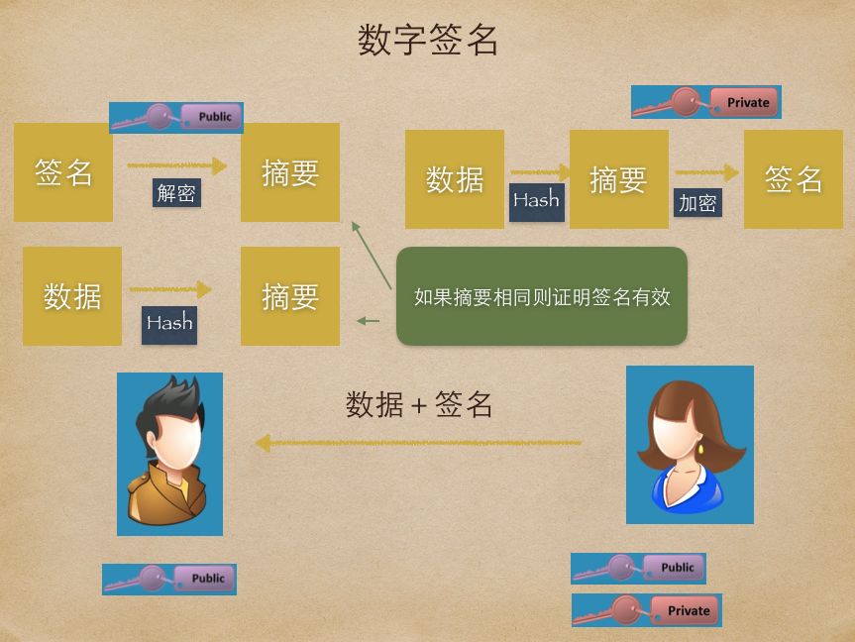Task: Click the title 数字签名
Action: point(427,42)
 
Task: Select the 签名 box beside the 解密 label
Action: point(63,171)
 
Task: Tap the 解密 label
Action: point(176,193)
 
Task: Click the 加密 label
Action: point(697,203)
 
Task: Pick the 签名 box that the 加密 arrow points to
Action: point(793,179)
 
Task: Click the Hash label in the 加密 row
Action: point(536,200)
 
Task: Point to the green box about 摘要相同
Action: point(541,296)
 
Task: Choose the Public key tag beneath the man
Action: point(169,579)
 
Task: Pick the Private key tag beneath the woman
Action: point(647,610)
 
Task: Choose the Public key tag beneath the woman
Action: point(638,568)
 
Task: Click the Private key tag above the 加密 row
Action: point(706,102)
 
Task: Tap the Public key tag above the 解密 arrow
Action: point(176,117)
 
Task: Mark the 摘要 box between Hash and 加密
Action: point(618,179)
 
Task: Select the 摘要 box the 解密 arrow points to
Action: point(289,171)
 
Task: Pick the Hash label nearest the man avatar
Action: point(169,323)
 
